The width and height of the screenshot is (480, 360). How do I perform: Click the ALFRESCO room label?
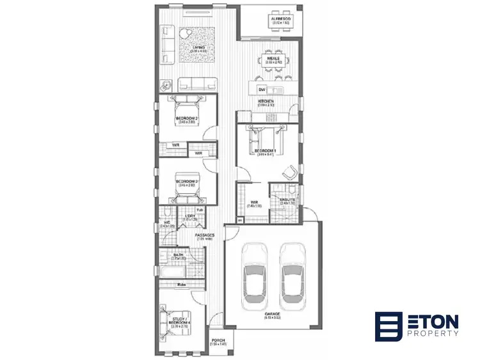tap(280, 20)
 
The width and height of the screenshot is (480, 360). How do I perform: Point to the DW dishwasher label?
tap(261, 90)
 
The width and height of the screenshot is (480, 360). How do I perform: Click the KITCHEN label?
tap(266, 102)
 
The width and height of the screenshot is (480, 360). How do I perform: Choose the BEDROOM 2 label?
tap(187, 118)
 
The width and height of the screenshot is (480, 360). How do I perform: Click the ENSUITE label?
tap(287, 200)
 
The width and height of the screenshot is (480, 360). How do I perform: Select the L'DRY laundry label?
tap(191, 216)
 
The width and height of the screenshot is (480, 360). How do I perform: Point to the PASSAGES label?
tap(205, 235)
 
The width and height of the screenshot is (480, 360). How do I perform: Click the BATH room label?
tap(179, 255)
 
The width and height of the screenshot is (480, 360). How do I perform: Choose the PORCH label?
tap(219, 341)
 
